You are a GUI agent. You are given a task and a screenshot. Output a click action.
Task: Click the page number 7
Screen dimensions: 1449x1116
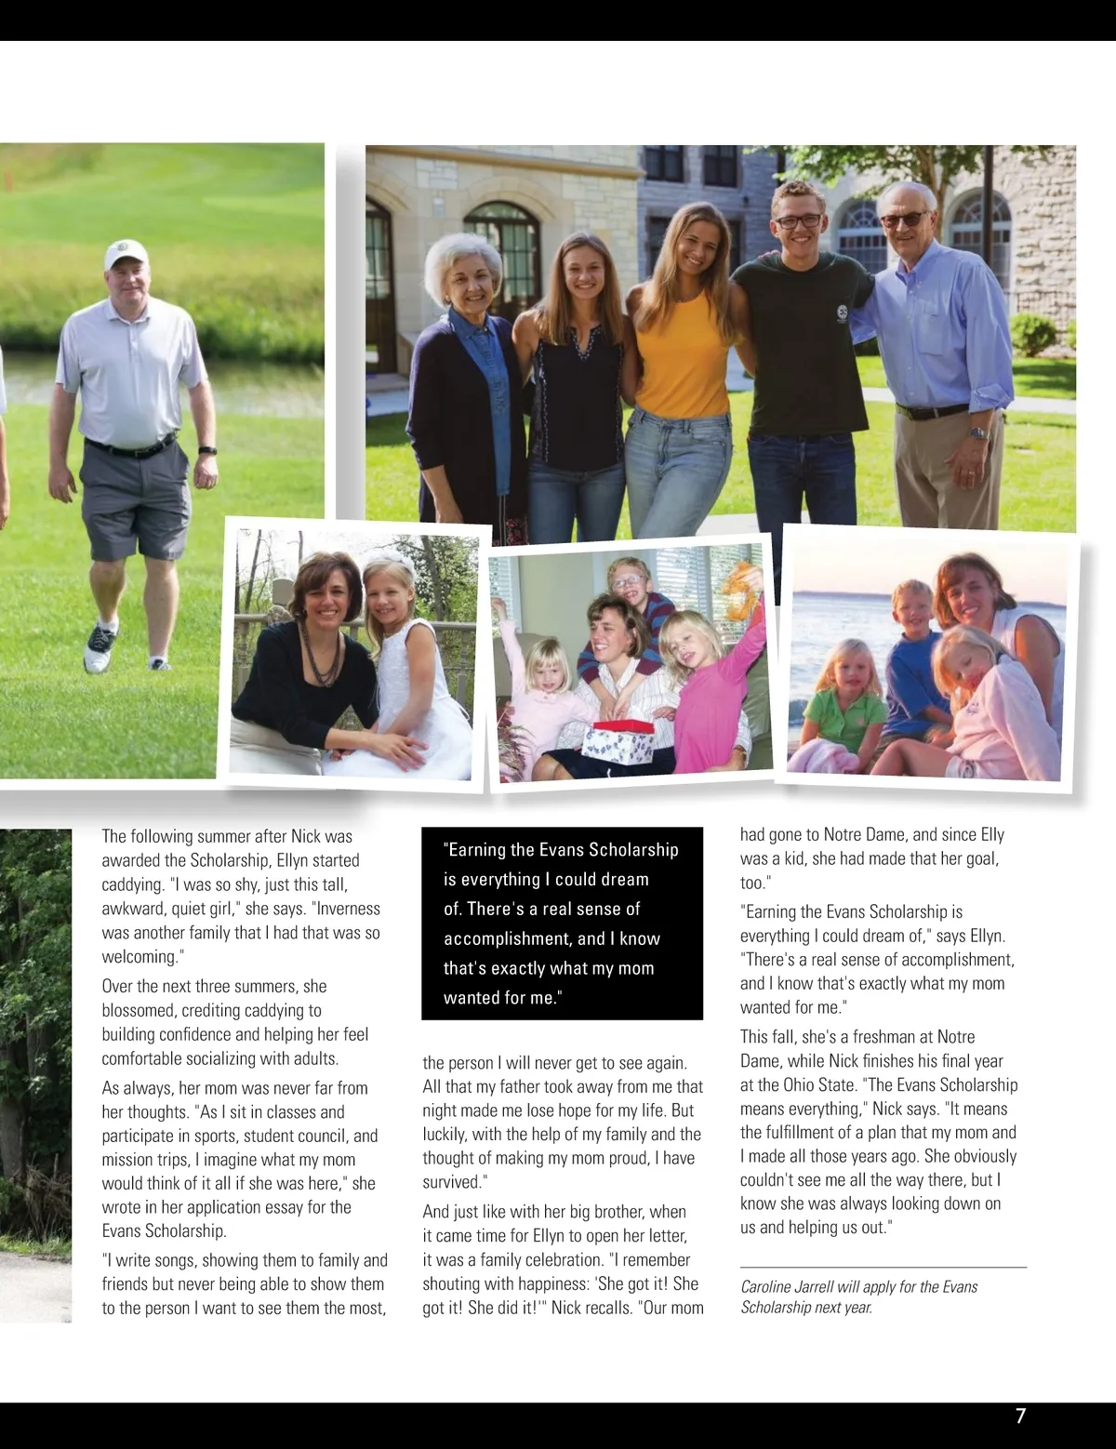[1020, 1416]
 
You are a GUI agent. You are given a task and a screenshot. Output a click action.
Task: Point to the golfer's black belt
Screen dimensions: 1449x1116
[130, 446]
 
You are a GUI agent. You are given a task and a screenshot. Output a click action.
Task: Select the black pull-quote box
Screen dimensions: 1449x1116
[562, 923]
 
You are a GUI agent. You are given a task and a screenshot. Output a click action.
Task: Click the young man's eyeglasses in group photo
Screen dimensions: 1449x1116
[799, 221]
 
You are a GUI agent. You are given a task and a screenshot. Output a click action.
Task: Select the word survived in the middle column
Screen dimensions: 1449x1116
[450, 1182]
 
